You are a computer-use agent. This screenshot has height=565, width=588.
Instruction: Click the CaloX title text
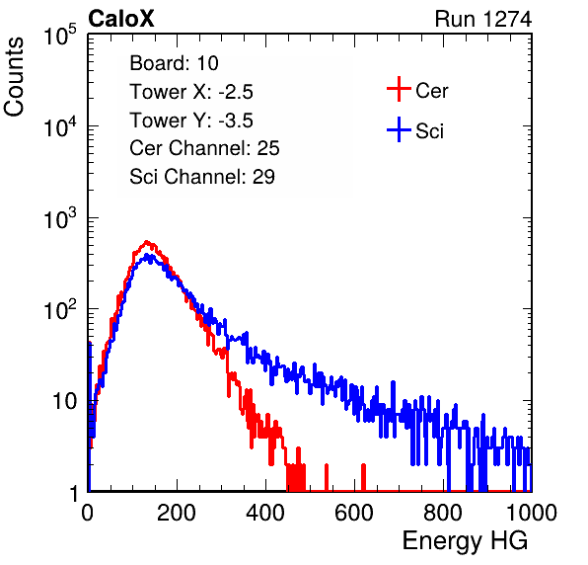(x=121, y=19)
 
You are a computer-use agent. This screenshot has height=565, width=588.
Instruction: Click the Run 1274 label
(x=483, y=19)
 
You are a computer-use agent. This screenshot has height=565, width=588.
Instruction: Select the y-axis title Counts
(x=14, y=77)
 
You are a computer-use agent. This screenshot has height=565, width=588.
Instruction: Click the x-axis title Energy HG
(x=465, y=541)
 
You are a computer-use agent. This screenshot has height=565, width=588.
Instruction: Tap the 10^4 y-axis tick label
(x=60, y=126)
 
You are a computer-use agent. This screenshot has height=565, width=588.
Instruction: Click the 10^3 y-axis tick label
(x=60, y=218)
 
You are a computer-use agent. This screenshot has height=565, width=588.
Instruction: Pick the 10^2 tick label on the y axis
(x=60, y=310)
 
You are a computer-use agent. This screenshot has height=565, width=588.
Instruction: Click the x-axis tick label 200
(x=177, y=513)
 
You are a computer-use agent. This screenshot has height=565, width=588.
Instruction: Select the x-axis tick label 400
(x=265, y=513)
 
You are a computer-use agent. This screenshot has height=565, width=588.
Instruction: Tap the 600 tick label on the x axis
(x=354, y=513)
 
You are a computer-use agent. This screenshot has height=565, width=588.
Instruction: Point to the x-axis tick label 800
(x=443, y=513)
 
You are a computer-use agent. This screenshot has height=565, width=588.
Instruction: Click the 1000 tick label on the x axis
(x=532, y=513)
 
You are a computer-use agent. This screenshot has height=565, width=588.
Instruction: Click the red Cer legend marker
(x=399, y=89)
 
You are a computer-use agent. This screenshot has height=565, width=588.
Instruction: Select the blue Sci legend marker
(x=399, y=130)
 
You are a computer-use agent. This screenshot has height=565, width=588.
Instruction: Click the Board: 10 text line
(x=174, y=63)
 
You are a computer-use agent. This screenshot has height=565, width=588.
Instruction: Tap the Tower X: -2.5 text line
(x=191, y=92)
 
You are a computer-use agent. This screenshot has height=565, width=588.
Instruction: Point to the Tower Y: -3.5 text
(x=191, y=121)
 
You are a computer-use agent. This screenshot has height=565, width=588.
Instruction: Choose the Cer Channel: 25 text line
(x=204, y=148)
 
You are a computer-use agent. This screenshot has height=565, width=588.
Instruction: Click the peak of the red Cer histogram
(x=147, y=242)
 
